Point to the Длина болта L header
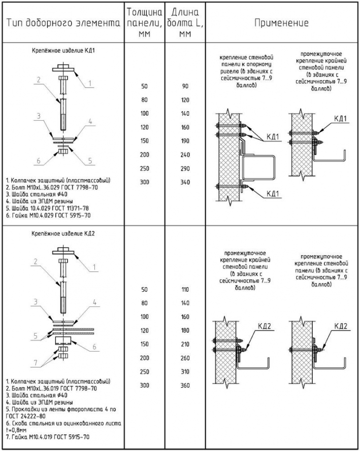pos(184,23)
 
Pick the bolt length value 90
pos(185,87)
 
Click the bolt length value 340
pos(185,181)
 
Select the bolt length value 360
pos(185,386)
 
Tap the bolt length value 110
pos(185,290)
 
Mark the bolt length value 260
pos(185,358)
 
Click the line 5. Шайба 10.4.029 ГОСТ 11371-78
pos(51,208)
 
